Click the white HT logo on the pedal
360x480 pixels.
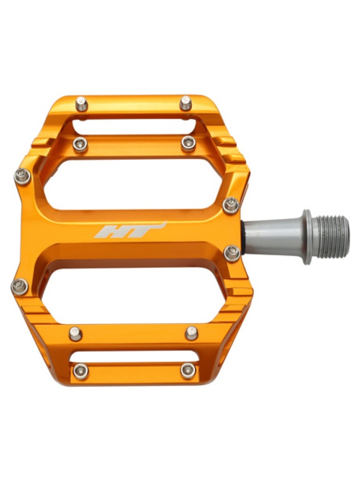pos(130,230)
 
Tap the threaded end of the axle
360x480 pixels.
pos(332,235)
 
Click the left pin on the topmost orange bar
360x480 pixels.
pos(82,104)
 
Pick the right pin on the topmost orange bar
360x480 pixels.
pos(185,103)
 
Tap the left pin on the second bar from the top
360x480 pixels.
pos(80,145)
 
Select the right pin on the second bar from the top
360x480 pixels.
pos(188,144)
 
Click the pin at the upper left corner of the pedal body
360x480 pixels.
pos(23,176)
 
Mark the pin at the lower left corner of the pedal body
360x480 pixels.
pos(20,287)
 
